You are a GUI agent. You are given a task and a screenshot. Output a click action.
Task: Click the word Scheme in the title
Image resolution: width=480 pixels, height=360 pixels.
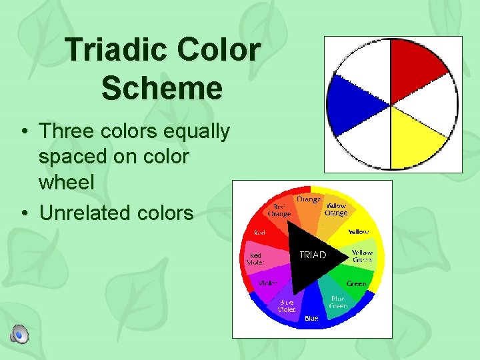[x=162, y=89]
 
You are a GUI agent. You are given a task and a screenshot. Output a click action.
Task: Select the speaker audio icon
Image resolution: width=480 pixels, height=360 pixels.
[x=20, y=334]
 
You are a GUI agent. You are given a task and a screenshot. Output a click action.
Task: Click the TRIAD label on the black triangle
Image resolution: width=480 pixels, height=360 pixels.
[x=312, y=255]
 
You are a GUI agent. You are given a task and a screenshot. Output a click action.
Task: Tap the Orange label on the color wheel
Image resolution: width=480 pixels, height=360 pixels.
[x=309, y=199]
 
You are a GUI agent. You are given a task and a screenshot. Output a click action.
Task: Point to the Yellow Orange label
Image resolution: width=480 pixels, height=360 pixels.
[x=336, y=209]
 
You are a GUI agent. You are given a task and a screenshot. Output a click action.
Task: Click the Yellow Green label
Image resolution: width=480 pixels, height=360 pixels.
[x=363, y=256]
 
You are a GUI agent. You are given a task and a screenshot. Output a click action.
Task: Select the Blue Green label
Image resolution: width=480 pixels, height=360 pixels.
[x=339, y=302]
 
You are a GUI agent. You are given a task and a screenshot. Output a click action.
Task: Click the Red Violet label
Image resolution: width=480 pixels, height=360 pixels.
[x=255, y=259]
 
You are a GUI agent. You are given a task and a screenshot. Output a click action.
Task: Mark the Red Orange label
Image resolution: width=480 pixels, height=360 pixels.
[x=279, y=210]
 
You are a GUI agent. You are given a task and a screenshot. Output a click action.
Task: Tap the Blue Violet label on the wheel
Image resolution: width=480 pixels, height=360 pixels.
[x=287, y=306]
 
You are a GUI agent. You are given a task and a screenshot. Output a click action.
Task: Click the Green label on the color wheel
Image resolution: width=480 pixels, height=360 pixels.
[x=356, y=284]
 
